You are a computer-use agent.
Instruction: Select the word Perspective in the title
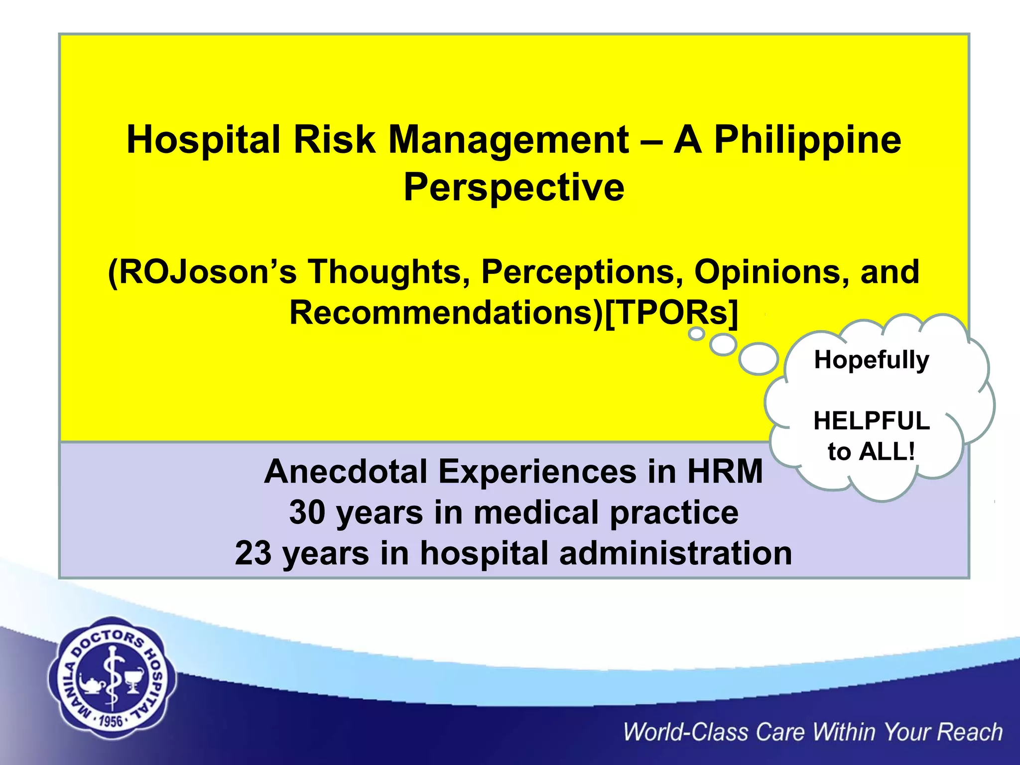pos(513,188)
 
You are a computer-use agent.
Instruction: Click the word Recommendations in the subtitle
pos(446,313)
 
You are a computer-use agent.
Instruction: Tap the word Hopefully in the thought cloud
pos(871,360)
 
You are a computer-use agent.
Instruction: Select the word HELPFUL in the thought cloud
pos(871,421)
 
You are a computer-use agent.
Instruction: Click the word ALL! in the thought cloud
pos(887,452)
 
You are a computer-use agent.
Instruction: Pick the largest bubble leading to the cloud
pos(759,358)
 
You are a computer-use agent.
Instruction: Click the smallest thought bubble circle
pos(696,333)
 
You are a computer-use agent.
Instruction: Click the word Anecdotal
pos(346,472)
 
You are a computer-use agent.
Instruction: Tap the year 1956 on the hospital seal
pos(111,721)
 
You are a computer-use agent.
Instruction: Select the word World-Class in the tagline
pos(685,732)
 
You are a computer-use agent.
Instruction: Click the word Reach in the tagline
pos(969,732)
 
